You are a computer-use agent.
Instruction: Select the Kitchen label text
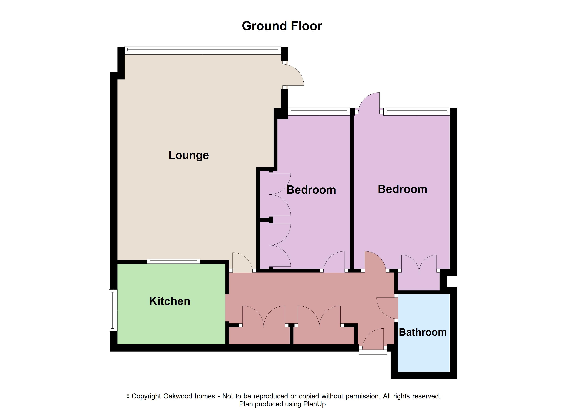[170, 301]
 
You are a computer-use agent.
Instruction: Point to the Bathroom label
[423, 332]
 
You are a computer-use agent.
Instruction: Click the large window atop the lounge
[203, 50]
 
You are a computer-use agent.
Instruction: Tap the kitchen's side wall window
[113, 310]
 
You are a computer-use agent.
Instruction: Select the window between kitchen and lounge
[174, 261]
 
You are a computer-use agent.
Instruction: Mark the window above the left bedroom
[319, 111]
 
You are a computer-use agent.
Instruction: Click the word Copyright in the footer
[146, 396]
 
